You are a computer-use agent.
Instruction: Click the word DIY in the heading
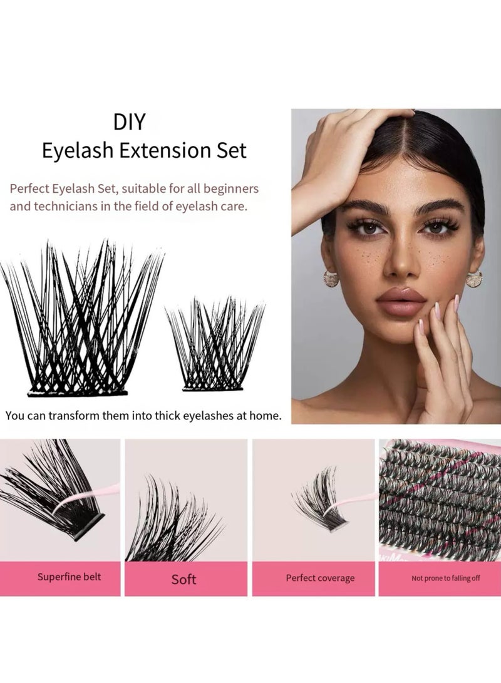130,121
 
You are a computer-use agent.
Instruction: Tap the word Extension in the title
155,150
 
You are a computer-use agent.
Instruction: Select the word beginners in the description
227,187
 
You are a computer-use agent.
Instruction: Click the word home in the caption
262,415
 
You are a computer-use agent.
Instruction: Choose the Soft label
183,579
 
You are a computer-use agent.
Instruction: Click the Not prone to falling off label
445,578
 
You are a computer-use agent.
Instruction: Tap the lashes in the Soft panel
172,520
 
